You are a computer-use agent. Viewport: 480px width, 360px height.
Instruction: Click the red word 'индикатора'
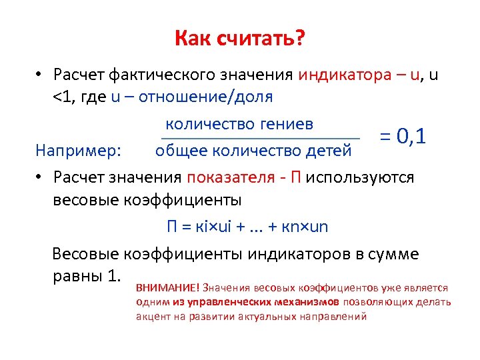pos(341,74)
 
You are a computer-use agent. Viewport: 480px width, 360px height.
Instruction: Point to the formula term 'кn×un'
pos(305,227)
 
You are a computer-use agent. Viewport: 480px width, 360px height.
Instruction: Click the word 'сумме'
pos(395,254)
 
